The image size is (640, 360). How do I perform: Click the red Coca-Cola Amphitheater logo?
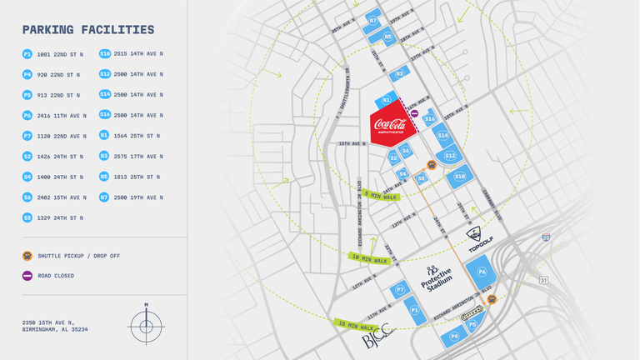[390, 126]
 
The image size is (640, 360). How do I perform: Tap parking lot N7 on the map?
[372, 20]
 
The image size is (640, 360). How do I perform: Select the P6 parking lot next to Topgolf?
[482, 272]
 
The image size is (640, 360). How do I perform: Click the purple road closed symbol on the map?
[414, 113]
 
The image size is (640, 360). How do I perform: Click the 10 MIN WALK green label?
[370, 259]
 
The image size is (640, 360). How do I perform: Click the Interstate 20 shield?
[545, 237]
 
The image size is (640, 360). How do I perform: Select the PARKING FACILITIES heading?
[88, 30]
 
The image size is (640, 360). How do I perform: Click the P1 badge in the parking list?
[27, 54]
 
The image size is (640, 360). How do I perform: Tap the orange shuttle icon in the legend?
[27, 256]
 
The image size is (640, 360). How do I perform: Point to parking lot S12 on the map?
[450, 155]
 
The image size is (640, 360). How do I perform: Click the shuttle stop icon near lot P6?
[492, 299]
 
